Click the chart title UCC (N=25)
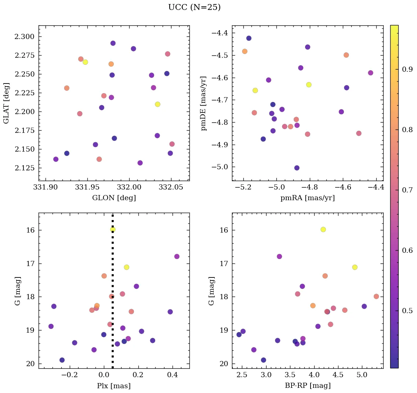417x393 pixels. [194, 8]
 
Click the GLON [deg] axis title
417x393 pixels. [114, 198]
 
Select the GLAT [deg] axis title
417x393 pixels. [6, 103]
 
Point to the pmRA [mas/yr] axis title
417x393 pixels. [308, 198]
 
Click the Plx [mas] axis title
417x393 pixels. [114, 386]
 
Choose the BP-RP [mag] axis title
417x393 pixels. [308, 386]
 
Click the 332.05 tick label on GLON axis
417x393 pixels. [171, 187]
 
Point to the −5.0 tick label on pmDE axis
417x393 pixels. [220, 167]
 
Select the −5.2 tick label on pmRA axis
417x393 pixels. [243, 187]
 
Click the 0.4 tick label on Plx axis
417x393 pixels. [173, 375]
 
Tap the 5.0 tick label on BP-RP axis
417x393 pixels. [362, 375]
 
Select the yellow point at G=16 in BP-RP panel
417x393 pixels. [323, 229]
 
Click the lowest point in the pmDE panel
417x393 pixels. [297, 168]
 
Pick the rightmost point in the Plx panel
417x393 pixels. [177, 256]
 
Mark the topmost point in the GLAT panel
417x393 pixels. [113, 43]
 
